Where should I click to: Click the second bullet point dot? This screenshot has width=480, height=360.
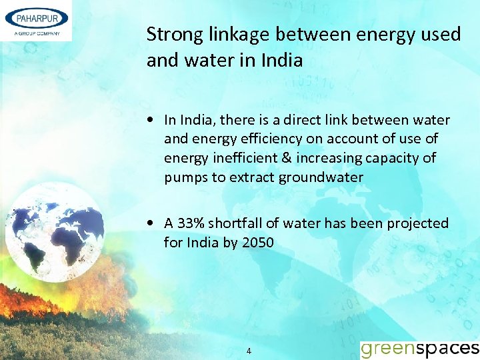[153, 223]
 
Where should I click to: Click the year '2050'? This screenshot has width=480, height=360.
[257, 242]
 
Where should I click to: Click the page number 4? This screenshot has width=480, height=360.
[249, 351]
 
